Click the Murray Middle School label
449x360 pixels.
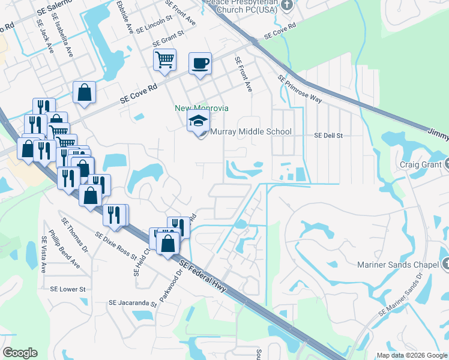pos(251,131)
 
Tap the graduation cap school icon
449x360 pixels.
pos(199,121)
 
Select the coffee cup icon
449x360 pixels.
pos(200,63)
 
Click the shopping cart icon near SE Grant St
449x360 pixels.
pos(164,59)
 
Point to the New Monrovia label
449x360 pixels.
pos(202,109)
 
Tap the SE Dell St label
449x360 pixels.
pos(328,136)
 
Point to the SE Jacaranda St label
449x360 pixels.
pos(133,303)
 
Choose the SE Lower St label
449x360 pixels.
pos(68,289)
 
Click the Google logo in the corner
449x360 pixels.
pos(20,353)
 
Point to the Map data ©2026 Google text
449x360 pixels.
pos(412,355)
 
